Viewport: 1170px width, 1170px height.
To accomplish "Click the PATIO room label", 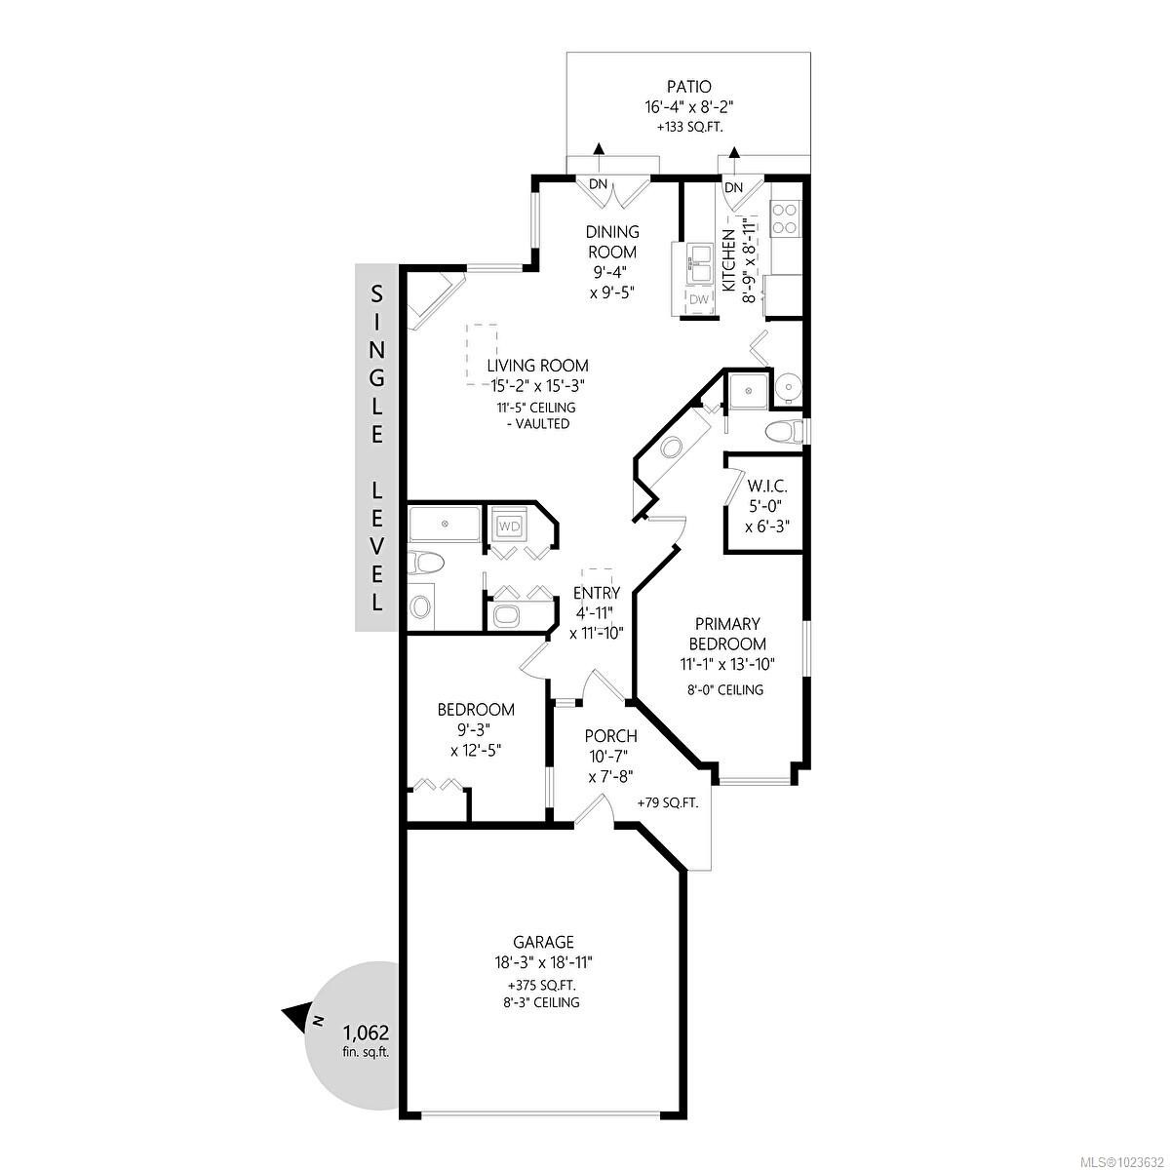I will [688, 88].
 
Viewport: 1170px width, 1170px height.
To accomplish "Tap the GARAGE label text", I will [544, 942].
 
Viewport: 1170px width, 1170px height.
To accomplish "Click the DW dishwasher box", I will [699, 299].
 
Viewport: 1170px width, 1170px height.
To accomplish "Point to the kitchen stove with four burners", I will [785, 217].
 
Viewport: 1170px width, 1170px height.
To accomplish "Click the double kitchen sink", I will [699, 260].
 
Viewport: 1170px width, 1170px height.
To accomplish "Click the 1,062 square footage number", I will [366, 1033].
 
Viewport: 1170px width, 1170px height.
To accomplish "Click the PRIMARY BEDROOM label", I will [727, 634].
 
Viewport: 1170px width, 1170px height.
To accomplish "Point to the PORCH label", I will [610, 736].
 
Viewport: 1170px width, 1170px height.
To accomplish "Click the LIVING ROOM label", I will [538, 366].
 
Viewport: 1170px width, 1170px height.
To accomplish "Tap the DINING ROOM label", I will [612, 242].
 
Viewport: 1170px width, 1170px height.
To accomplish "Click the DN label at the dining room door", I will [598, 184].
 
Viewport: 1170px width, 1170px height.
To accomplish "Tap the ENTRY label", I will [597, 593].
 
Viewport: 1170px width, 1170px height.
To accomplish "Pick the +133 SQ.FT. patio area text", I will [688, 127].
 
